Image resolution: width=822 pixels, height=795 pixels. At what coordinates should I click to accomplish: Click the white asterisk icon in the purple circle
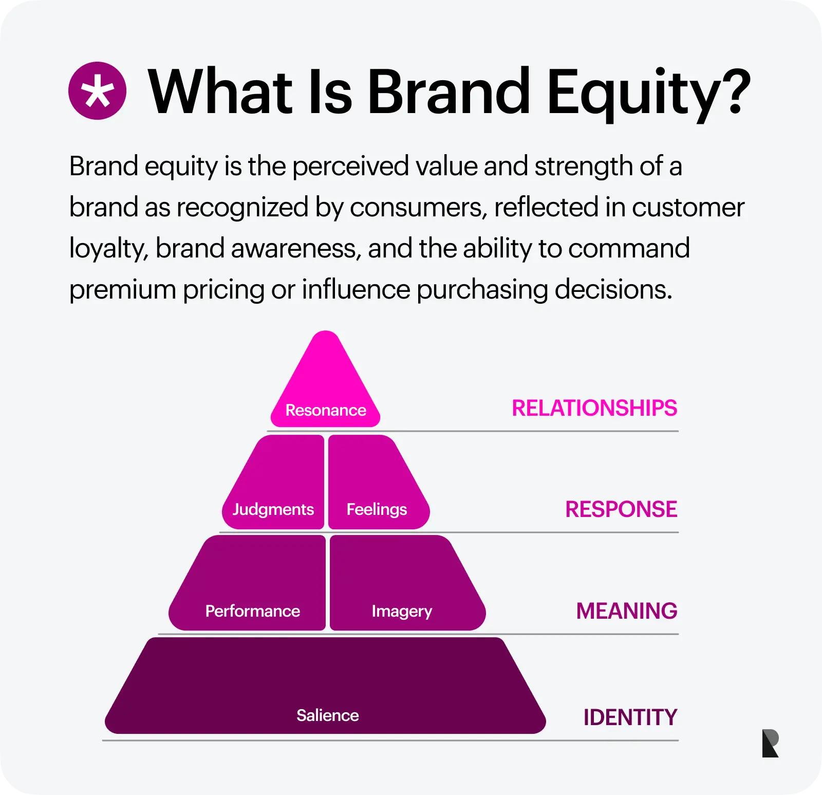click(x=97, y=91)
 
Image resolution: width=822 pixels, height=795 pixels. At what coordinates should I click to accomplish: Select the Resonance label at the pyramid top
click(x=326, y=410)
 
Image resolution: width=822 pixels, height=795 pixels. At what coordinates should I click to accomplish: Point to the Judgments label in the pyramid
click(x=273, y=509)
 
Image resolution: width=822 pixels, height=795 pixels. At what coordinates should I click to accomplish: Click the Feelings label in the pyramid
click(x=377, y=509)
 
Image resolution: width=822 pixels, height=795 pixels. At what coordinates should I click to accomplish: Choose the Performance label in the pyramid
click(x=253, y=611)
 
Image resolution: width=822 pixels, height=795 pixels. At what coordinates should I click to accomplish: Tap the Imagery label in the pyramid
click(x=402, y=612)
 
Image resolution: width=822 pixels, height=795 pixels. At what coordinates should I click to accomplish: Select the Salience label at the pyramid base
click(x=328, y=715)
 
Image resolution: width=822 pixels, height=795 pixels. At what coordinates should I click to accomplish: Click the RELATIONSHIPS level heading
click(x=594, y=409)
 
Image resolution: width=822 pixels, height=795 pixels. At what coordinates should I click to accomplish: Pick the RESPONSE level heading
click(x=621, y=510)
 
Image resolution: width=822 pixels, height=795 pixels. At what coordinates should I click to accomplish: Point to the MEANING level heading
click(x=627, y=612)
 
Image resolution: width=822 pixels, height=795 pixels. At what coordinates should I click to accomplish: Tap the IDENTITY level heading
click(x=630, y=717)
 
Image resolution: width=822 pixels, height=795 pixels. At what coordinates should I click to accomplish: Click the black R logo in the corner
click(x=771, y=743)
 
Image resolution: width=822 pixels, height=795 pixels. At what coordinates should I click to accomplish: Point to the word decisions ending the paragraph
click(x=613, y=289)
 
